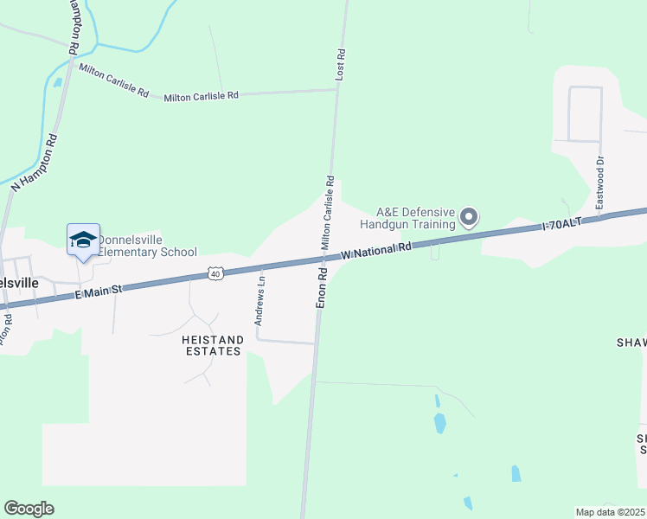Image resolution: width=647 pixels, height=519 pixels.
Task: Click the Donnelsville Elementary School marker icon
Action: point(83,240)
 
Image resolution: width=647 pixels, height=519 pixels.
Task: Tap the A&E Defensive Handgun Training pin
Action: point(469,216)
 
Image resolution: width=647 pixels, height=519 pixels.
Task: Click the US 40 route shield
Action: point(215,274)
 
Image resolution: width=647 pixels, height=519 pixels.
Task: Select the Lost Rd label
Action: point(340,67)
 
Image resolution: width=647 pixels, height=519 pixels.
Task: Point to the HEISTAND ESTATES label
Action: point(213,346)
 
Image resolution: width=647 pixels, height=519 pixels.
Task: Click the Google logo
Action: point(29,509)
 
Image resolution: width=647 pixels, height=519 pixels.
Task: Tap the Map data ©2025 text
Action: point(611,512)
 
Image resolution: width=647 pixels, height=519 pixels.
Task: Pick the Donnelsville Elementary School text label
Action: point(147,246)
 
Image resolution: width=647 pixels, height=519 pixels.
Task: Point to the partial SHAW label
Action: point(631,343)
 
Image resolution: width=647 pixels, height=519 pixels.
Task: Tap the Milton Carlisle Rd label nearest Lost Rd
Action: point(201,96)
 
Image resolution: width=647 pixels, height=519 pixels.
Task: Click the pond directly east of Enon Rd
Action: point(439,422)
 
